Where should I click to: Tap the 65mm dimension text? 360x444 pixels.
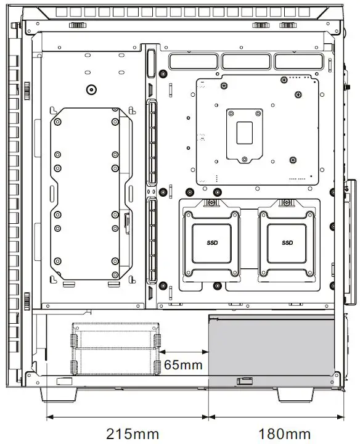[183, 364]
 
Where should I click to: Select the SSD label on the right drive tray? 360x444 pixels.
[287, 242]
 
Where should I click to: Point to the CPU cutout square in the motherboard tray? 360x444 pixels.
[245, 133]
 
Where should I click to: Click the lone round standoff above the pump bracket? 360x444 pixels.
[91, 89]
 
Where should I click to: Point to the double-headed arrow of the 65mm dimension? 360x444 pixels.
[185, 352]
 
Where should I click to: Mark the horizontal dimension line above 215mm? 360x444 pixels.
[128, 416]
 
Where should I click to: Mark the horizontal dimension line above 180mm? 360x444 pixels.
[276, 416]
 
